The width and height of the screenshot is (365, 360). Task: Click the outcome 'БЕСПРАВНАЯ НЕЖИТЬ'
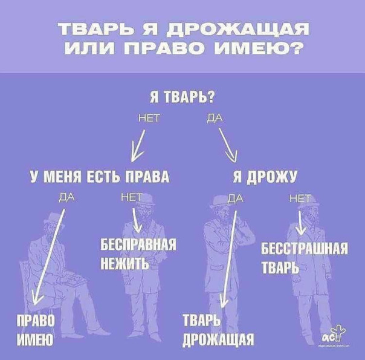tap(138, 254)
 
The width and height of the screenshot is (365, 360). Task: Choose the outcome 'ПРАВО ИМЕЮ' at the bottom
tap(37, 329)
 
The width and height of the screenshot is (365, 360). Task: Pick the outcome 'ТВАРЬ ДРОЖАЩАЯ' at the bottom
tap(218, 329)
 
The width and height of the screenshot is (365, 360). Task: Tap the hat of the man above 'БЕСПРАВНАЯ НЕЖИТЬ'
tap(141, 193)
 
